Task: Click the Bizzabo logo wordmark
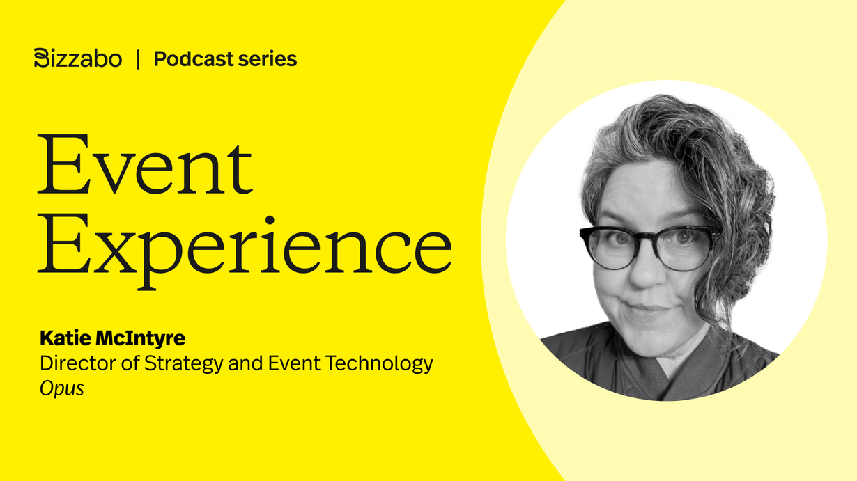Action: pyautogui.click(x=77, y=58)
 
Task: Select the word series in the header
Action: pyautogui.click(x=268, y=60)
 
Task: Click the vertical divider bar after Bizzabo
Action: pyautogui.click(x=138, y=59)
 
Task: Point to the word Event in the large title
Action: pyautogui.click(x=145, y=164)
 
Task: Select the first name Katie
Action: pyautogui.click(x=65, y=338)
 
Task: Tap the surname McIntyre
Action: pyautogui.click(x=141, y=339)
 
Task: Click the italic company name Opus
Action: pyautogui.click(x=61, y=389)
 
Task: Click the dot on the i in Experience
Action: pyautogui.click(x=270, y=221)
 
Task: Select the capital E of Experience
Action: pyautogui.click(x=64, y=243)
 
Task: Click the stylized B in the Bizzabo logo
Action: pyautogui.click(x=42, y=58)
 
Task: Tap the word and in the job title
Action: pyautogui.click(x=245, y=363)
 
